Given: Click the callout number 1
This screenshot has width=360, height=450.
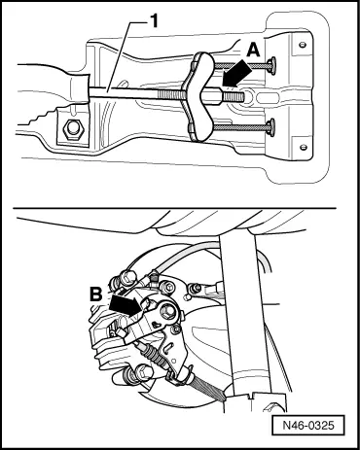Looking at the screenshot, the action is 153,21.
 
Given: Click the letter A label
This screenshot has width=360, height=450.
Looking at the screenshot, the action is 253,51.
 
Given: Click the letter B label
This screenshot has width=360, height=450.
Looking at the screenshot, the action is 96,294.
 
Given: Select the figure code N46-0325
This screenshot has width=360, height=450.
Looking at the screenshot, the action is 308,425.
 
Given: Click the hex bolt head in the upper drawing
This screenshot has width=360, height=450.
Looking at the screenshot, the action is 74,130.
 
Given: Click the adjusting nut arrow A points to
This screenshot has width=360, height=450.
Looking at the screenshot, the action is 212,96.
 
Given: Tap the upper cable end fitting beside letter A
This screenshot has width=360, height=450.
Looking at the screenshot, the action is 271,66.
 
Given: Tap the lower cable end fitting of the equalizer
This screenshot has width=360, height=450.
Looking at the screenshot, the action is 270,127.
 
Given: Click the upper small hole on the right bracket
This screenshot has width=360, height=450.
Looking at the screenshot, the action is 303,45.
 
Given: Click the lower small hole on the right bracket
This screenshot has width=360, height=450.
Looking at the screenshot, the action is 304,147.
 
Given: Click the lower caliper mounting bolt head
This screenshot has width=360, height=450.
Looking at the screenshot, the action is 145,371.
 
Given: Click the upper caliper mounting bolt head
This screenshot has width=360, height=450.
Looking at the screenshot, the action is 129,276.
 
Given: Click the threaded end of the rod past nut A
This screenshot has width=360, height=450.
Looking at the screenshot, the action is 233,96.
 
